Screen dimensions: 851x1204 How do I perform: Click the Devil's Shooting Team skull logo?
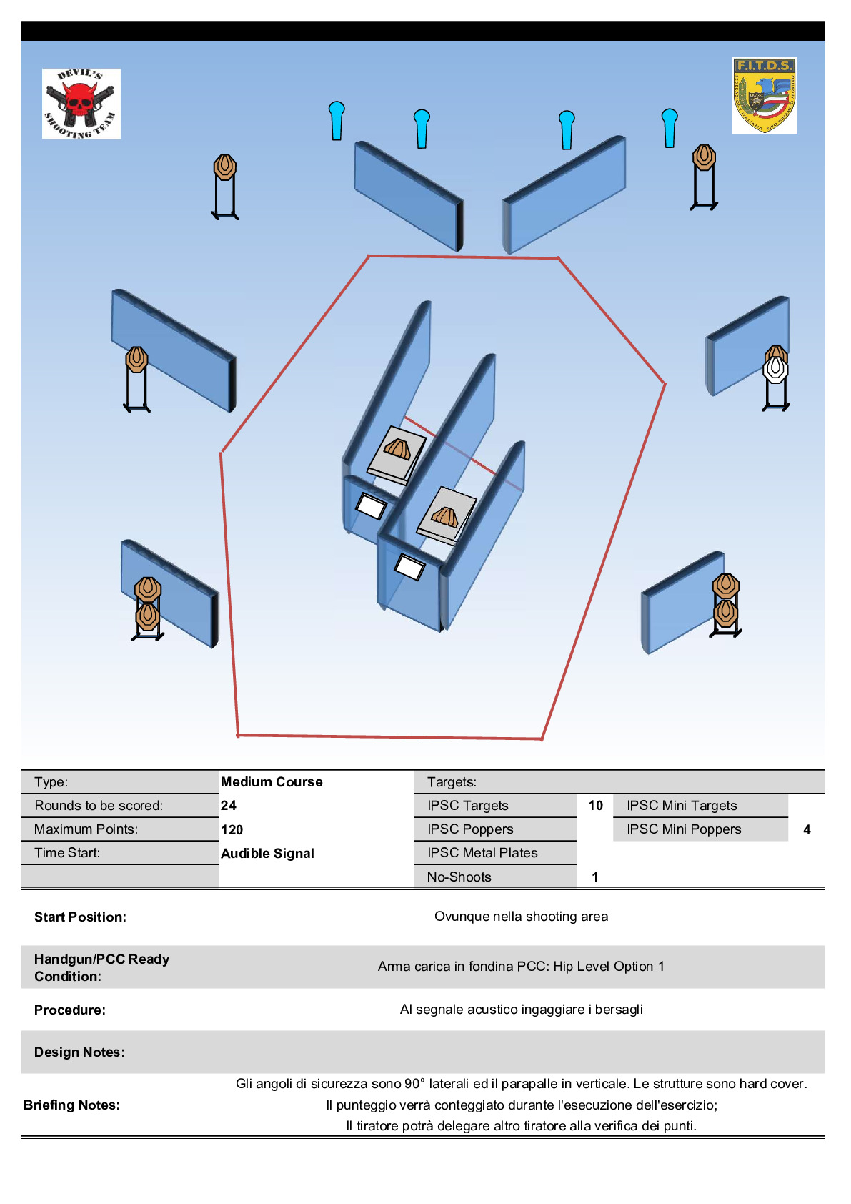[81, 104]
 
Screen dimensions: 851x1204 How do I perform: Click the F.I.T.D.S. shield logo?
[764, 96]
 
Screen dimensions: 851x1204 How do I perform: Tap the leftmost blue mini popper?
[337, 121]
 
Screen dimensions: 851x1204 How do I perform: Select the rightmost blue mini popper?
[670, 128]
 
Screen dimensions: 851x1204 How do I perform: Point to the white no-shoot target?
[775, 369]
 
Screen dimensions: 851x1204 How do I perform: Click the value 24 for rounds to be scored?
[229, 805]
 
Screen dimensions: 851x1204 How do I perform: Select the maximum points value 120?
[232, 829]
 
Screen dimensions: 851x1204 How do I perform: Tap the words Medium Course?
[272, 781]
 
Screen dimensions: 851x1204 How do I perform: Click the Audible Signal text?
[267, 853]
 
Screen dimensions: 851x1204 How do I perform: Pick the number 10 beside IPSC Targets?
[595, 805]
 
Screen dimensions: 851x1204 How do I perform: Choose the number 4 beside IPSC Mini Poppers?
[807, 829]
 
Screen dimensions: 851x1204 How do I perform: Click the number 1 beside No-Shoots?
[594, 877]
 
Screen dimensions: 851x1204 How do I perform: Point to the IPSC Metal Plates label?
[482, 852]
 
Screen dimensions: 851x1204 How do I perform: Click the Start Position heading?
[80, 917]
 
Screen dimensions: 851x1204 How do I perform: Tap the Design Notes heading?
[79, 1052]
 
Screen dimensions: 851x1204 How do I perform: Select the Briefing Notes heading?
[71, 1105]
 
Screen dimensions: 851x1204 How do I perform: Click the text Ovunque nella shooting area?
[521, 917]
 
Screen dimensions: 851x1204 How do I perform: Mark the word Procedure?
[70, 1010]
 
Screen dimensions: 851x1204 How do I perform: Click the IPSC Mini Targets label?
[682, 805]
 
